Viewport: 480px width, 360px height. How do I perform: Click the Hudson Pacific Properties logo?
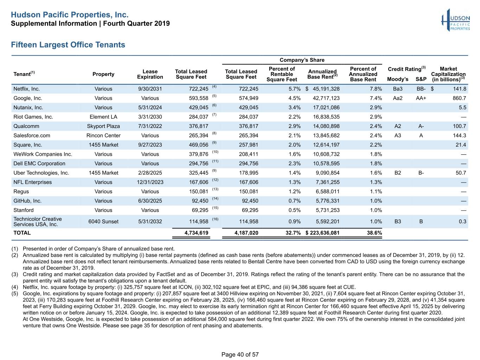point(455,20)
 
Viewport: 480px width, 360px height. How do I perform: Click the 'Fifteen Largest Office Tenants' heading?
point(68,45)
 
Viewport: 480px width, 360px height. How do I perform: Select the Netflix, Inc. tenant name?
point(26,89)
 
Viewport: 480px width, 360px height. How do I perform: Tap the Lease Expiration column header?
point(150,74)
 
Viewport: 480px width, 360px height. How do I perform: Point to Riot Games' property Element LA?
point(103,117)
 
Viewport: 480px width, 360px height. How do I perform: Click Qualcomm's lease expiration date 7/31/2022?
point(150,126)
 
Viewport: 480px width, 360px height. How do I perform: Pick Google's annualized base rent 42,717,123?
point(326,98)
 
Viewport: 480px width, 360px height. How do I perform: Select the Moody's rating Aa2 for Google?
point(398,98)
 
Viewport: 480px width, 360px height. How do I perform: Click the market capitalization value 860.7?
point(459,98)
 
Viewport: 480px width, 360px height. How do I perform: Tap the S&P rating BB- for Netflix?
point(421,89)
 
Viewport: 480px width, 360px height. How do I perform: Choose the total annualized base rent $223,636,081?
point(322,233)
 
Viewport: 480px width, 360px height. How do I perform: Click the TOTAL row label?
point(22,233)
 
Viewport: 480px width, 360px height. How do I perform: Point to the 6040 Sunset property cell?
point(103,221)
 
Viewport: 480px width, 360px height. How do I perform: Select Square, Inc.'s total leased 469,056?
point(199,145)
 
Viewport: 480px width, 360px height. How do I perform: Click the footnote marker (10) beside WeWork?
point(215,152)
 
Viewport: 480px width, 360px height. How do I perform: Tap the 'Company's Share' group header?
point(302,60)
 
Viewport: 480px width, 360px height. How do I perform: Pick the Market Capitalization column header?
point(448,74)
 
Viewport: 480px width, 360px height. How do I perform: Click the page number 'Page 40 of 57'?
point(240,354)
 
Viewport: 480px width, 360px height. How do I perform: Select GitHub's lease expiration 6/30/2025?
point(150,201)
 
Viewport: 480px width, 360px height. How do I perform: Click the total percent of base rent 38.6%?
point(375,233)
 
